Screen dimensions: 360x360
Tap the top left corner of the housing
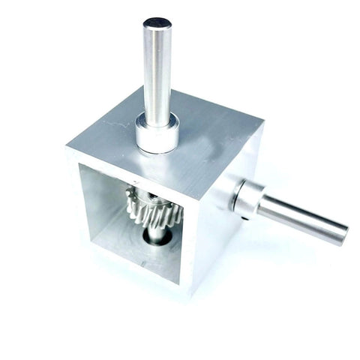[67, 146]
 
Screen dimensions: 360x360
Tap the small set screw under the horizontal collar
[246, 218]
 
